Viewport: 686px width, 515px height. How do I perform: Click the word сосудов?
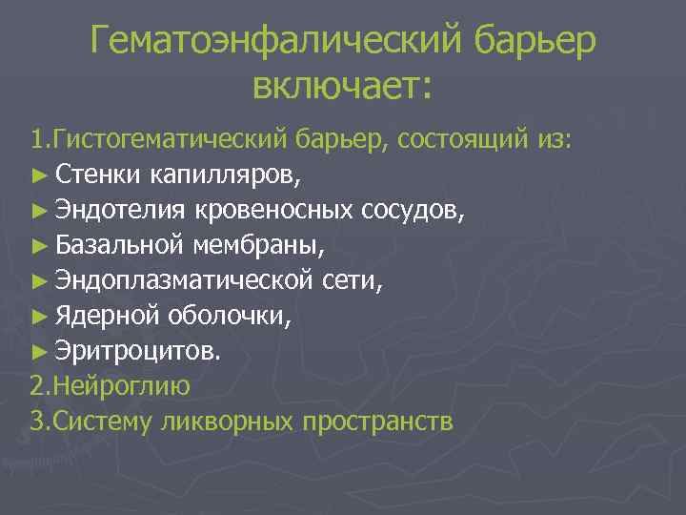414,211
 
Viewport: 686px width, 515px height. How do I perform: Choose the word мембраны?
257,246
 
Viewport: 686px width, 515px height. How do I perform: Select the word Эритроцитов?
137,350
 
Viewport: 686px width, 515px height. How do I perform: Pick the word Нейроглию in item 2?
123,385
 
